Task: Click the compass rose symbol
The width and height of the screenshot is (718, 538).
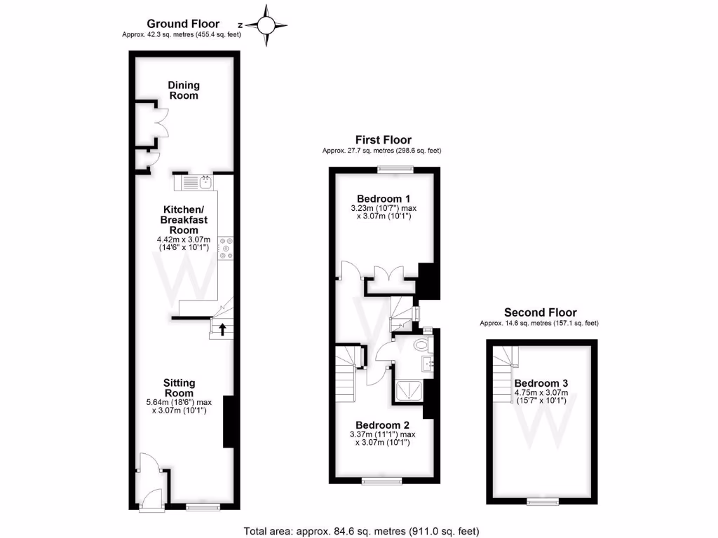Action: [x=267, y=26]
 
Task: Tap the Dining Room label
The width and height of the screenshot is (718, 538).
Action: [x=183, y=90]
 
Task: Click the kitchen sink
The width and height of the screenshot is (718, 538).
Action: [x=205, y=183]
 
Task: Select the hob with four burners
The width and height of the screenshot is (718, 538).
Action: [x=226, y=248]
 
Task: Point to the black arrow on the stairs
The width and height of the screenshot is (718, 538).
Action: [x=222, y=329]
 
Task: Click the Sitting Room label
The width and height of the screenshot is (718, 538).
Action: [x=179, y=387]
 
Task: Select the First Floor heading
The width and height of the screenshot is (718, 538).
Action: [x=383, y=140]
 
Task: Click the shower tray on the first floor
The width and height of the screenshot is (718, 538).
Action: [x=410, y=391]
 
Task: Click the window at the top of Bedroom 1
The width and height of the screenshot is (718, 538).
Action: [x=394, y=169]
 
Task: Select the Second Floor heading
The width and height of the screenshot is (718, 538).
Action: [x=541, y=312]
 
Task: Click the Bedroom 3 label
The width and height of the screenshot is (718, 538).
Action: [x=541, y=383]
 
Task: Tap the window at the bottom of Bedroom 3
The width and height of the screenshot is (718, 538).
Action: [x=543, y=501]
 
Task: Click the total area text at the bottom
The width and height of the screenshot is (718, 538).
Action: [x=360, y=530]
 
